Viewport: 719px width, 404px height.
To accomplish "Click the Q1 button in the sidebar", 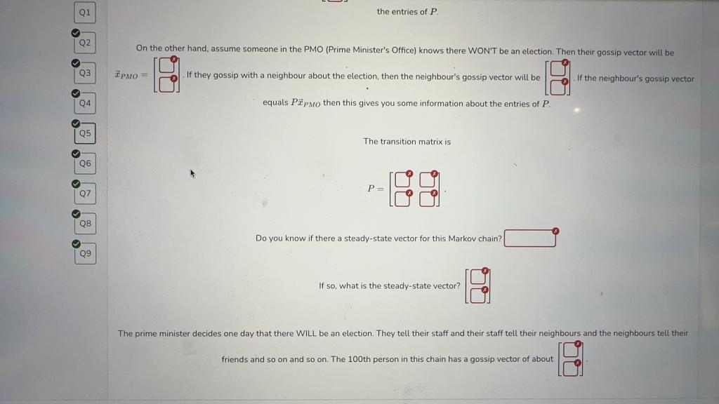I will click(85, 12).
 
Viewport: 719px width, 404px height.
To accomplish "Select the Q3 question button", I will click(85, 73).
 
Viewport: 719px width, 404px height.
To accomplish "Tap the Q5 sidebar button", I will click(85, 133).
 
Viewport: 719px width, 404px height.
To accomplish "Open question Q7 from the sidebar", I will click(85, 193).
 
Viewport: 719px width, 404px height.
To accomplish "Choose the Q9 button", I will click(85, 253).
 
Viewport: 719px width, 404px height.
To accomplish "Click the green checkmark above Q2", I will click(74, 32).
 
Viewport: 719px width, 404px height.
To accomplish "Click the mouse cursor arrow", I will click(191, 173).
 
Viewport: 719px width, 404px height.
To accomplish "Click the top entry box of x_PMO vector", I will click(166, 67).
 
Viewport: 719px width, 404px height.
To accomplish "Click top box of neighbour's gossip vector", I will click(558, 69).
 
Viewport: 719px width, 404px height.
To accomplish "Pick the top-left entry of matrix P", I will click(402, 180).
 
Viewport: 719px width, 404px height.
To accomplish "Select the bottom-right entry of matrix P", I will click(428, 198).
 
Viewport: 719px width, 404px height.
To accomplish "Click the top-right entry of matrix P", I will click(428, 180).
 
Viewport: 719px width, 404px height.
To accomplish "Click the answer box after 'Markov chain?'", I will click(530, 238).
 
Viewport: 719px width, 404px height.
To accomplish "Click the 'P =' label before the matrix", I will click(376, 189).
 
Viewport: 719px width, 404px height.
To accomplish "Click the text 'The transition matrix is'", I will click(407, 142).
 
